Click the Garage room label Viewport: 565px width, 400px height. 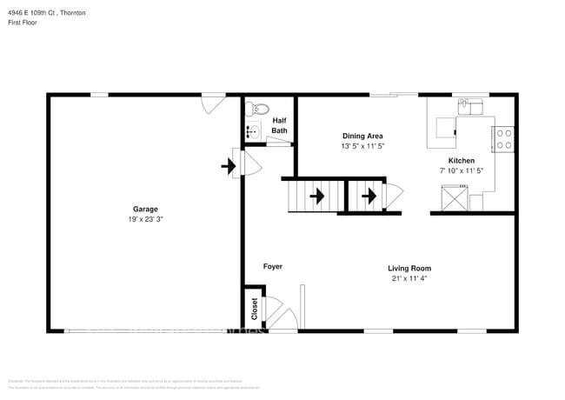(x=144, y=209)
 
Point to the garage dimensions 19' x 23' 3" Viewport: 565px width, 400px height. (x=145, y=220)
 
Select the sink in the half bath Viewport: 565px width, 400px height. (x=252, y=131)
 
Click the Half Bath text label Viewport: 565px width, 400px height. (x=279, y=126)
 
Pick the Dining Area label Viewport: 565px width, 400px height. (x=362, y=136)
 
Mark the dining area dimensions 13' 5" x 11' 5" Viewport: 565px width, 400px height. (x=362, y=147)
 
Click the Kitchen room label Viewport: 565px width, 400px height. (x=461, y=161)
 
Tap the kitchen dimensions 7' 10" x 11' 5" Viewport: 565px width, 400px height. (x=461, y=172)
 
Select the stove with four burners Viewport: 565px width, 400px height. (x=503, y=138)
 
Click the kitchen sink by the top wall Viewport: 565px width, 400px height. (x=470, y=106)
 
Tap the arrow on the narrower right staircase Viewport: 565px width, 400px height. (x=369, y=197)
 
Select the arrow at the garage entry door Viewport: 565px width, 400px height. (x=229, y=163)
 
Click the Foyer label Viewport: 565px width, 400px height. (x=273, y=267)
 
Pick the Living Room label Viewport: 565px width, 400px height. (x=409, y=268)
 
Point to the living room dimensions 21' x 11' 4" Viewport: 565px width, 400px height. (x=409, y=279)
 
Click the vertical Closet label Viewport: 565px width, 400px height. (x=254, y=308)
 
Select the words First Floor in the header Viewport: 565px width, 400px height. (x=24, y=23)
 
